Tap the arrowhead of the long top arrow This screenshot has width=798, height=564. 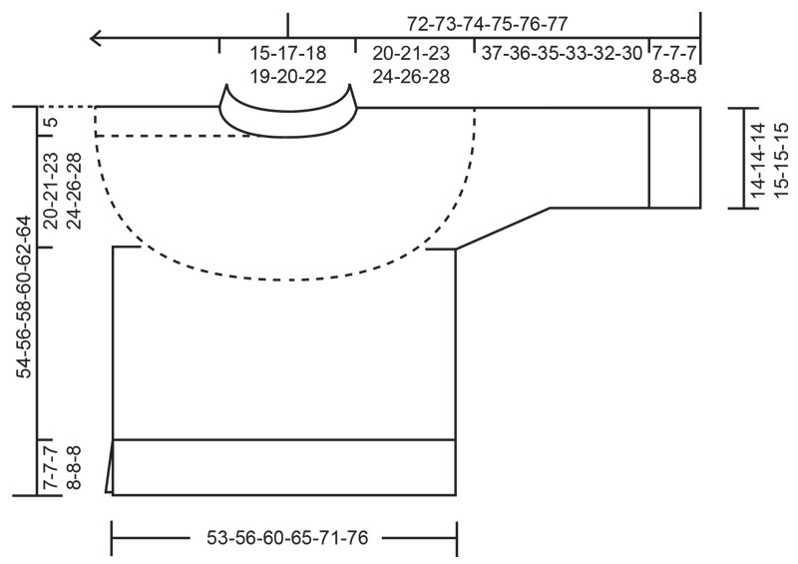pos(95,39)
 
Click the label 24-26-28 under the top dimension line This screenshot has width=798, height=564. pos(411,76)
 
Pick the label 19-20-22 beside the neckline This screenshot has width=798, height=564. pos(287,77)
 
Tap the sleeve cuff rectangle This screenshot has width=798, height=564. pos(674,157)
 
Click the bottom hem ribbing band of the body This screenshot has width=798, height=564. pos(284,466)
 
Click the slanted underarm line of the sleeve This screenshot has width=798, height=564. pos(503,229)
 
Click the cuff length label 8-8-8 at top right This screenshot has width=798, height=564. pos(674,76)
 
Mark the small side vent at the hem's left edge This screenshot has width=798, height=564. pos(112,467)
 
